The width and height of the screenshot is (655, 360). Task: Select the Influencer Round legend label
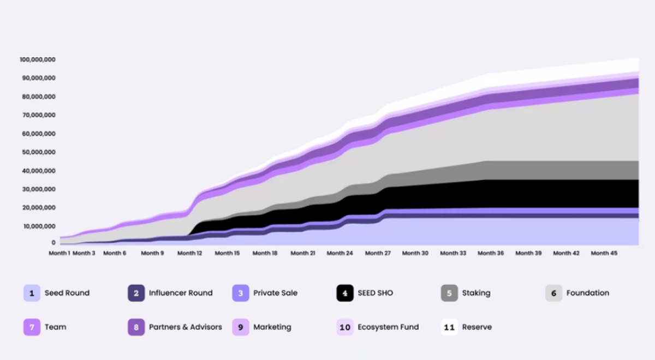pos(181,293)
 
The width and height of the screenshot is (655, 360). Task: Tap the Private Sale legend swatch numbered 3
pos(241,293)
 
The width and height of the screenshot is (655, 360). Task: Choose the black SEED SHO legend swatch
pos(345,293)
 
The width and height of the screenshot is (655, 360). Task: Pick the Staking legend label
pos(476,293)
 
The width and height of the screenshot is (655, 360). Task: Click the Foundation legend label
pos(587,293)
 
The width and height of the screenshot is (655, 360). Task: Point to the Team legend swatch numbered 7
pos(32,327)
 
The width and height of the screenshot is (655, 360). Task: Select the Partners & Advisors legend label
pos(186,327)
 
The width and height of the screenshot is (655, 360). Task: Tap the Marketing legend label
pos(272,327)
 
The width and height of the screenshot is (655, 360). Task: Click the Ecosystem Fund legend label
pos(388,327)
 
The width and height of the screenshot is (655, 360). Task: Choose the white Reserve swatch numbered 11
pos(449,327)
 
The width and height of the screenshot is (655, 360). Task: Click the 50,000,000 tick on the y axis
pos(38,152)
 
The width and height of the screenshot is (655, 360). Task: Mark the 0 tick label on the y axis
pos(53,242)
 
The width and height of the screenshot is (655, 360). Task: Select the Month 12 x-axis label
pos(189,253)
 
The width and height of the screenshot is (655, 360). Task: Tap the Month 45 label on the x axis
pos(603,253)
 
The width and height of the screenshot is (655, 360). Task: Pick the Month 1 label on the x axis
pos(59,253)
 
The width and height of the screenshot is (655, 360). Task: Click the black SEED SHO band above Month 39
pos(528,193)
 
